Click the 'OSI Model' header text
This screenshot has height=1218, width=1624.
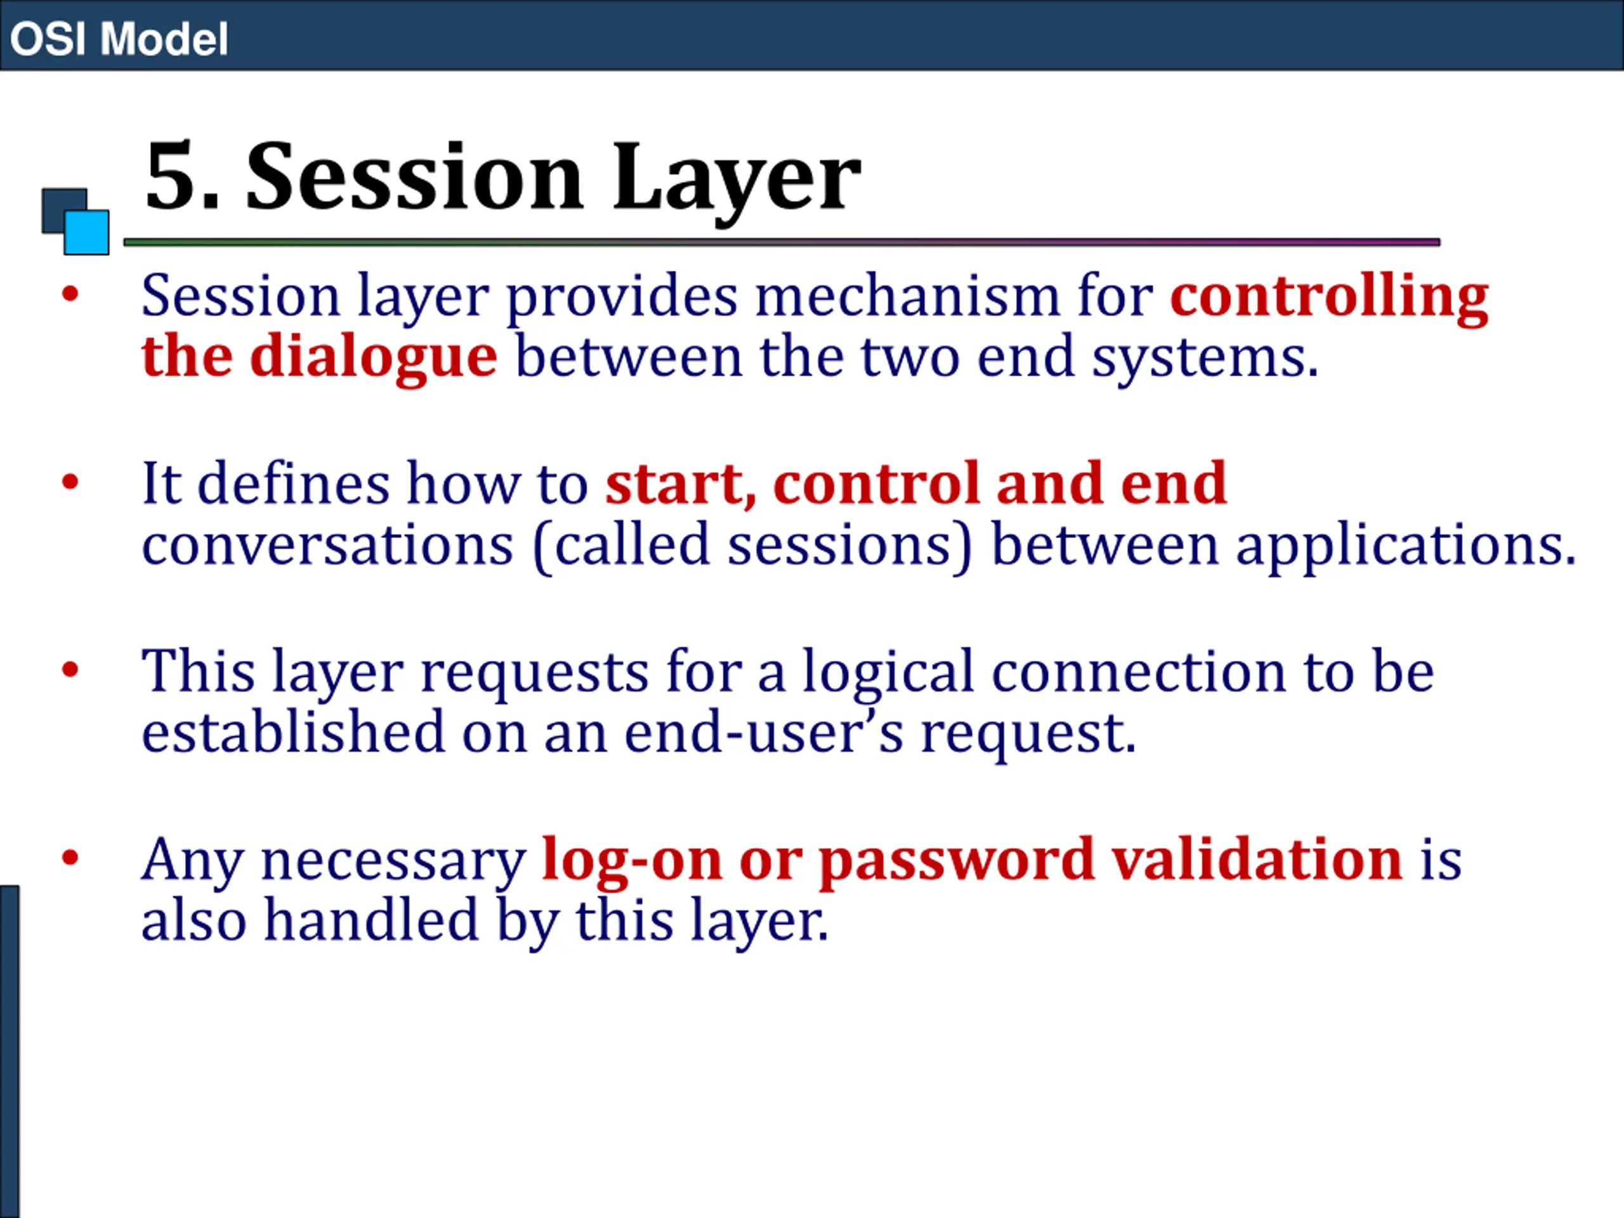[x=119, y=39]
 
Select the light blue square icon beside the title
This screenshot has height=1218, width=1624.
[x=87, y=232]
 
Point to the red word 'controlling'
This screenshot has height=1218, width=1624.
[x=1329, y=298]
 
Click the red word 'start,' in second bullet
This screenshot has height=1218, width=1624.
[x=681, y=485]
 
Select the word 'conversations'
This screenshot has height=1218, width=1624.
[x=327, y=545]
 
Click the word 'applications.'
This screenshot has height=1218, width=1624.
[x=1406, y=547]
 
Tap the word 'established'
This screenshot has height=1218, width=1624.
[x=294, y=733]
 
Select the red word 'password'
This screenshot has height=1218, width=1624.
[x=957, y=861]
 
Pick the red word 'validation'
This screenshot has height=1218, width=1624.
[x=1257, y=859]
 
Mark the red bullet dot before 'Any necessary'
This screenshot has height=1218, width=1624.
[x=70, y=858]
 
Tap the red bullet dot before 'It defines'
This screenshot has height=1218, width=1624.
[x=70, y=482]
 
